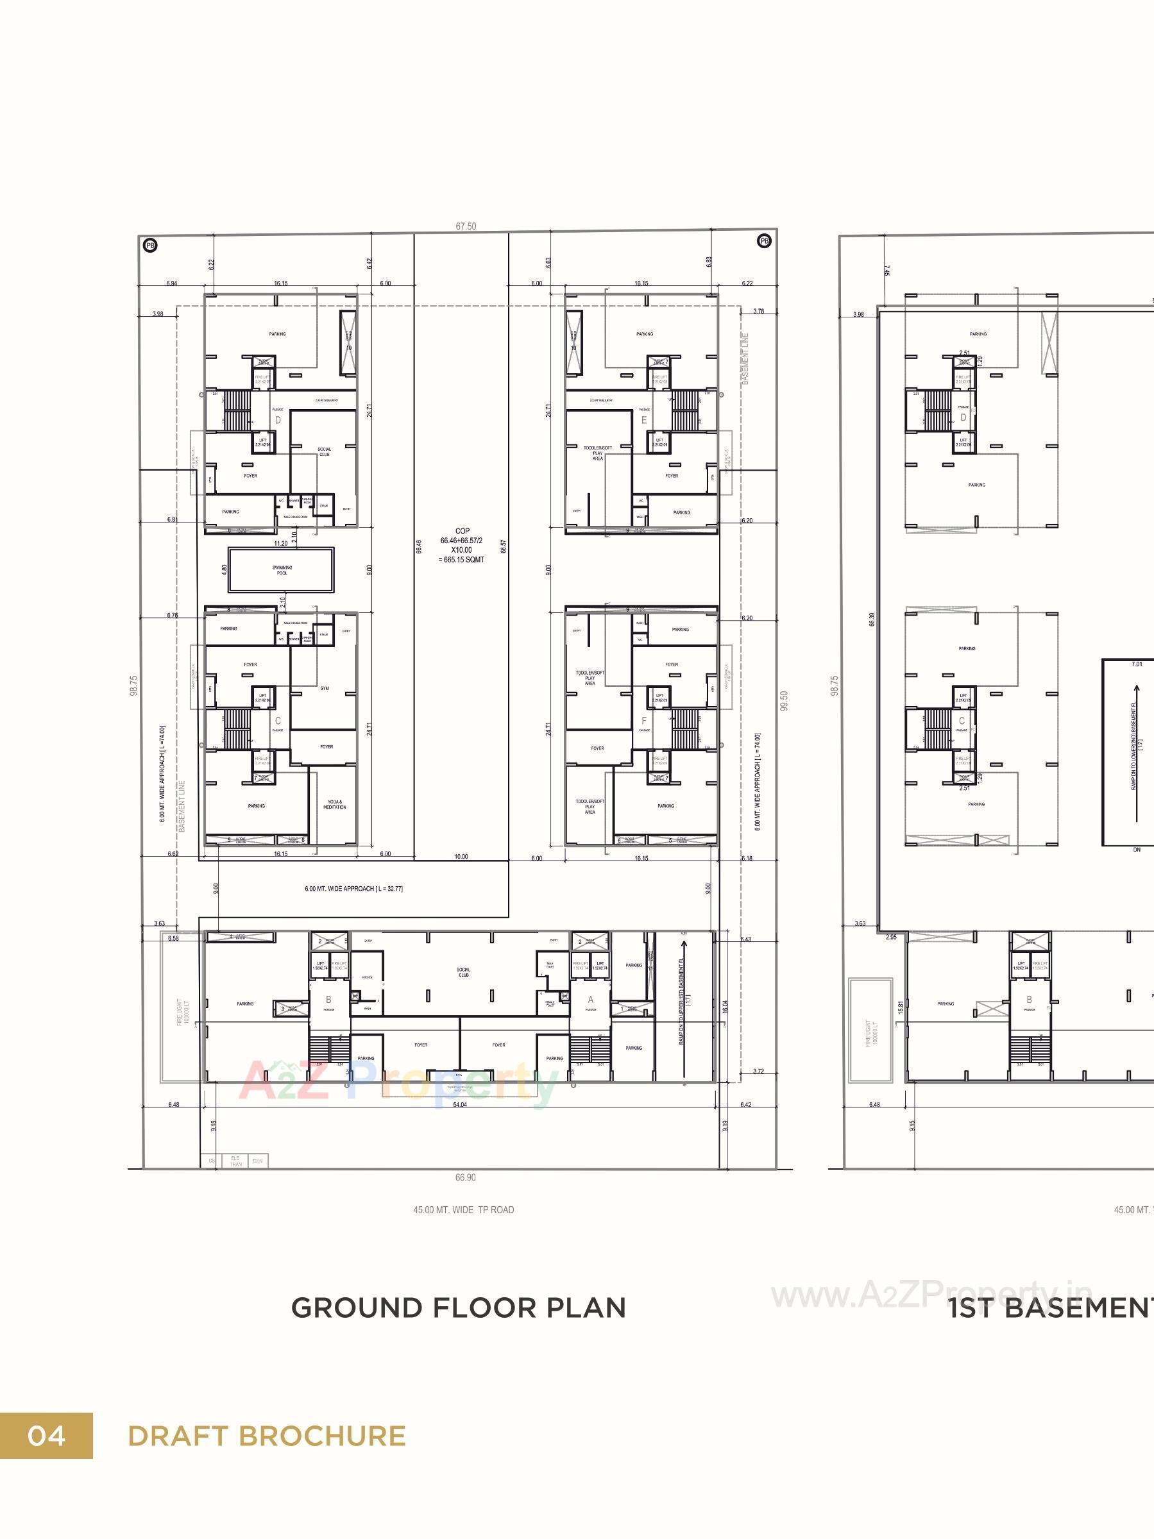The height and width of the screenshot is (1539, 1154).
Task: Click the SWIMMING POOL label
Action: (282, 570)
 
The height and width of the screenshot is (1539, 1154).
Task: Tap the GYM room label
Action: (325, 688)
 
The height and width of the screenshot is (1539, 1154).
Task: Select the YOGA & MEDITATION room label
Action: (335, 804)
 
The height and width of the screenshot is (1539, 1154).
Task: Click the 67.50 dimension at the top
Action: (466, 226)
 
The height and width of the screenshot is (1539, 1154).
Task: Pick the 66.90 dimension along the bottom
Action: (465, 1177)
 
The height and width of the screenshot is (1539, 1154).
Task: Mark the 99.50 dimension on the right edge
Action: (785, 701)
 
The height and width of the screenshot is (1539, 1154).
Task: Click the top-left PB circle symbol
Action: (149, 245)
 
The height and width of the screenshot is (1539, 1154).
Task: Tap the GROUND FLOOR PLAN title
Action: (458, 1309)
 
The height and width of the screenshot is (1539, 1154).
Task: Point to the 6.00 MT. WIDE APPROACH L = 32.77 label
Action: (353, 889)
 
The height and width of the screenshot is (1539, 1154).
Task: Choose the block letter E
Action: (644, 420)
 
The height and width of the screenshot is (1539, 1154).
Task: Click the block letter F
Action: (644, 720)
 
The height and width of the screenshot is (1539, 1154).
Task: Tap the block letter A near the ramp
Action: (591, 1000)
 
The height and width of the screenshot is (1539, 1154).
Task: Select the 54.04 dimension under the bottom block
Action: (459, 1104)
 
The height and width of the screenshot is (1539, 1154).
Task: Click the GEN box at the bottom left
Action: (257, 1161)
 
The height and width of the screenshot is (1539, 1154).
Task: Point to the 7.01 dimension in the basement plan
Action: (1137, 664)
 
